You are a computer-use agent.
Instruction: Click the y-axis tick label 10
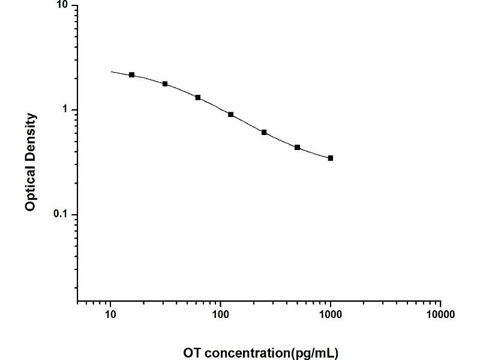tap(63, 5)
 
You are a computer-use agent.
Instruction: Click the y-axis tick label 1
tap(66, 110)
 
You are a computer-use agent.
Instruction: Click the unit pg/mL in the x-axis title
tap(318, 352)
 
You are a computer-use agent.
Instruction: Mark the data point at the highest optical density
tap(132, 75)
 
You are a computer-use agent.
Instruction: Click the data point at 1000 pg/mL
tap(331, 158)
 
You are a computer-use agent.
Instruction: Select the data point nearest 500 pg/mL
tap(298, 147)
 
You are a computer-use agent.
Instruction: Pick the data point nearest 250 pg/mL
tap(264, 132)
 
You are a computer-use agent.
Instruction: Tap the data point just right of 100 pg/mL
tap(231, 114)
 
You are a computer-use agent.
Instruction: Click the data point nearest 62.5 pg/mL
tap(198, 97)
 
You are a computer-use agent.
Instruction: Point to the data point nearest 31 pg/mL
tap(165, 84)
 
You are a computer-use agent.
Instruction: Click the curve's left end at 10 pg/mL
tap(111, 72)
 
